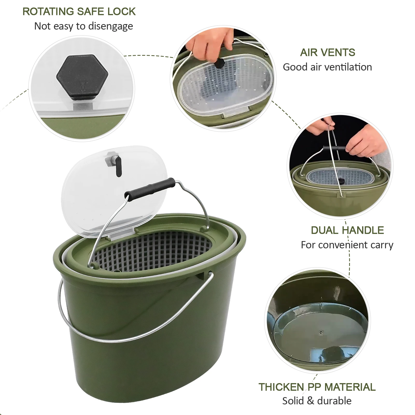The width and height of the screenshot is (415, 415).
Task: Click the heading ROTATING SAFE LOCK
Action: tap(79, 12)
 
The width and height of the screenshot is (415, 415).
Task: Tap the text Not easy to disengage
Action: tap(83, 26)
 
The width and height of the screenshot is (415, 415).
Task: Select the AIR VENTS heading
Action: tap(327, 53)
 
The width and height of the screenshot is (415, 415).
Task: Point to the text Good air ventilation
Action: tap(327, 67)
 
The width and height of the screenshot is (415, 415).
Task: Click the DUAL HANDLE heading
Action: tap(347, 230)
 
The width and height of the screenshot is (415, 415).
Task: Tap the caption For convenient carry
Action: tap(347, 245)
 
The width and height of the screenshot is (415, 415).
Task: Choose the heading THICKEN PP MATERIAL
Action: tap(317, 387)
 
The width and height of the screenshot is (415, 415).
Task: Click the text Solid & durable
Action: tap(317, 401)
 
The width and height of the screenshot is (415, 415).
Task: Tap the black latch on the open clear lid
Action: tap(118, 166)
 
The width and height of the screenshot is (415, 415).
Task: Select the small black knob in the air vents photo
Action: tap(220, 63)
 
